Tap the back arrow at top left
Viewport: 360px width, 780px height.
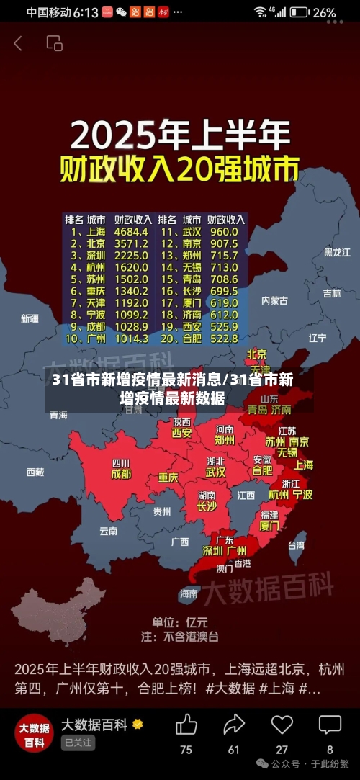point(18,43)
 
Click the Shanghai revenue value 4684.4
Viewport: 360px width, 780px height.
point(132,232)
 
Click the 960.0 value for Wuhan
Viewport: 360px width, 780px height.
point(223,232)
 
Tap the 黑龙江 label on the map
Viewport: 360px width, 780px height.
point(337,253)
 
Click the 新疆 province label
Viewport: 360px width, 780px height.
point(30,318)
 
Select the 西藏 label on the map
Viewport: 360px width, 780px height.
point(35,472)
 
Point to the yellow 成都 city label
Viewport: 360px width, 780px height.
point(121,475)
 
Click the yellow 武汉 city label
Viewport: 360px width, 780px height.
point(216,472)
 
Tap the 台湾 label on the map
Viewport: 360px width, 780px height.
point(296,545)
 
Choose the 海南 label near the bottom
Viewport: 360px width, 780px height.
point(189,593)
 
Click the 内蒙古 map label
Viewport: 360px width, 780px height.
point(274,300)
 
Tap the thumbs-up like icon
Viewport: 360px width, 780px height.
point(186,725)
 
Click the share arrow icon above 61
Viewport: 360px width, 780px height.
point(234,725)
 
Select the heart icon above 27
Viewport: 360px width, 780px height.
point(282,725)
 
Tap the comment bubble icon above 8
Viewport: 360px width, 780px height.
point(330,725)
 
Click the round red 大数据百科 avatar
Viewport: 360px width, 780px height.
point(35,734)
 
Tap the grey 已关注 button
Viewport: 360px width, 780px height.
point(78,743)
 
